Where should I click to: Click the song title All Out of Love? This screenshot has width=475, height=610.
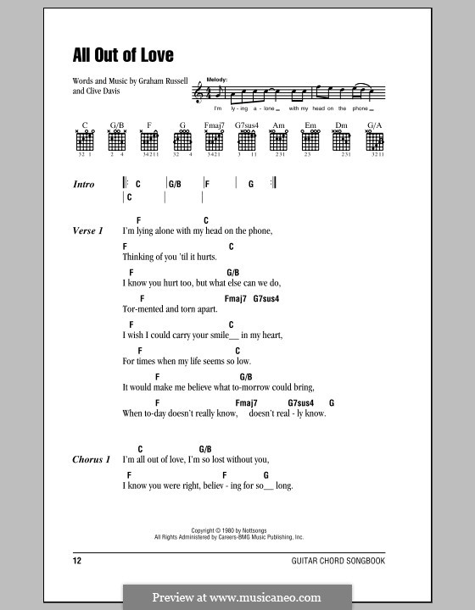point(123,56)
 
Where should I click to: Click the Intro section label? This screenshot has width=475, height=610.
point(84,184)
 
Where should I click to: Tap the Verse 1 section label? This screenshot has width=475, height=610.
point(88,231)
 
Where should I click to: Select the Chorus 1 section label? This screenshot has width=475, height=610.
point(92,459)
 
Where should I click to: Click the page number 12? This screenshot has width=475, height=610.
point(78,562)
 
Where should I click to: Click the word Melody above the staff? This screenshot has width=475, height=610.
point(206,78)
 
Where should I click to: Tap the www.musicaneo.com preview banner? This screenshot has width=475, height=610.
point(237,596)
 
